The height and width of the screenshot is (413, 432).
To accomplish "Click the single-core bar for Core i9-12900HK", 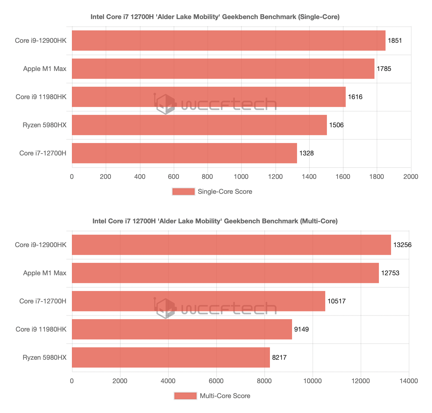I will point(228,41).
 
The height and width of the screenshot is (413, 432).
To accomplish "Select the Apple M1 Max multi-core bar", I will point(225,273).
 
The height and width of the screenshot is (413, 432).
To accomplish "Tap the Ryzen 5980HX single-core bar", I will point(199,125).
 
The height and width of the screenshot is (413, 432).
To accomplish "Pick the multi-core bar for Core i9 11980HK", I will point(182,329).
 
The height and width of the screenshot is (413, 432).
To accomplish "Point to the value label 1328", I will point(306,153).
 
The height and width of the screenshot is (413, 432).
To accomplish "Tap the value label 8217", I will point(279,358).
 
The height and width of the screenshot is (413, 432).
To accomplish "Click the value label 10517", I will point(337,301).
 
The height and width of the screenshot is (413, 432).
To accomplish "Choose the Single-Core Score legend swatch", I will point(183,192).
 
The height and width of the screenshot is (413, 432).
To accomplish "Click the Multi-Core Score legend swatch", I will point(185,396).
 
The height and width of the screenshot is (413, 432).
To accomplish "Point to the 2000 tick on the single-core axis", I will point(411,177).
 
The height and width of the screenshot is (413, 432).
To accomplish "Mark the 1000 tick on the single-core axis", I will point(241,177).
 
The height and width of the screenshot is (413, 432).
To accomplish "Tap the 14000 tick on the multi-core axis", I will point(408,381).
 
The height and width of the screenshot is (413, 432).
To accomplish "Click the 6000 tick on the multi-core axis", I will point(216,381).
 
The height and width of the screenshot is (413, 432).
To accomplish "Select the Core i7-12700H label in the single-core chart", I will point(43,153).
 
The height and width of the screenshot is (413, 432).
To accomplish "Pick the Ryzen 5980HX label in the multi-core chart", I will point(45,358).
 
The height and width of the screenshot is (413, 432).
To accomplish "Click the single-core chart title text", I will point(215,17).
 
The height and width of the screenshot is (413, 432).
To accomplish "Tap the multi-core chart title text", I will point(215,221).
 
